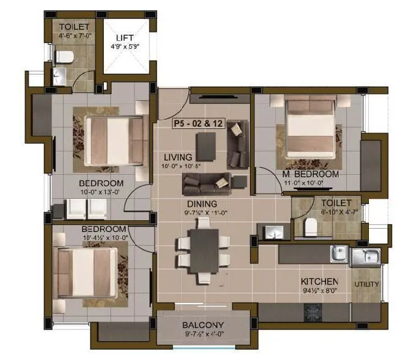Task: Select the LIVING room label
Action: pos(177,157)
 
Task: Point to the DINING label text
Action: pos(203,203)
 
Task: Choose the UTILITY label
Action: pos(367,285)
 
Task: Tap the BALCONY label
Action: pos(203,325)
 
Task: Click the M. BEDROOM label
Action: pos(310,175)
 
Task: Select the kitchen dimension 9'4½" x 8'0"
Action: pos(320,290)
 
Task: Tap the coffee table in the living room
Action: pos(207,146)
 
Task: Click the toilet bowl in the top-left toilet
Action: pos(63,58)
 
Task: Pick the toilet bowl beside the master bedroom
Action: pos(310,227)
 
